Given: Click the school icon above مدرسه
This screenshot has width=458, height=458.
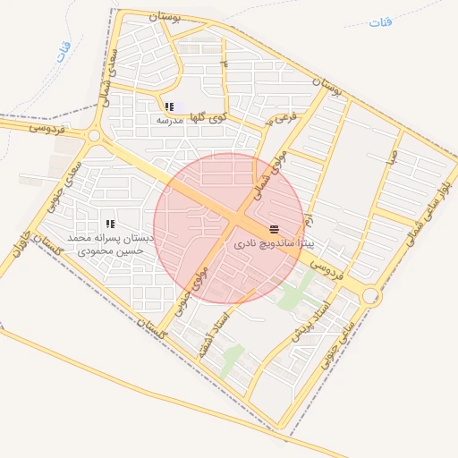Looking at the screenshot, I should pyautogui.click(x=169, y=106).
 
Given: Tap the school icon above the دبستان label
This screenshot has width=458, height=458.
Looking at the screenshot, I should pyautogui.click(x=110, y=224).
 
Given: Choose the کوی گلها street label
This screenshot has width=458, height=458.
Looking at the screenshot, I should pyautogui.click(x=213, y=114).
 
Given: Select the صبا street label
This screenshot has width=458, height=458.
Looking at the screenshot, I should pyautogui.click(x=391, y=156).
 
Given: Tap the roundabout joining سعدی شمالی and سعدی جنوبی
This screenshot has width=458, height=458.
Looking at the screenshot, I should pyautogui.click(x=93, y=136).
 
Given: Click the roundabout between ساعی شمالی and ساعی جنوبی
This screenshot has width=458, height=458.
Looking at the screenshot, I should pyautogui.click(x=371, y=295).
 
